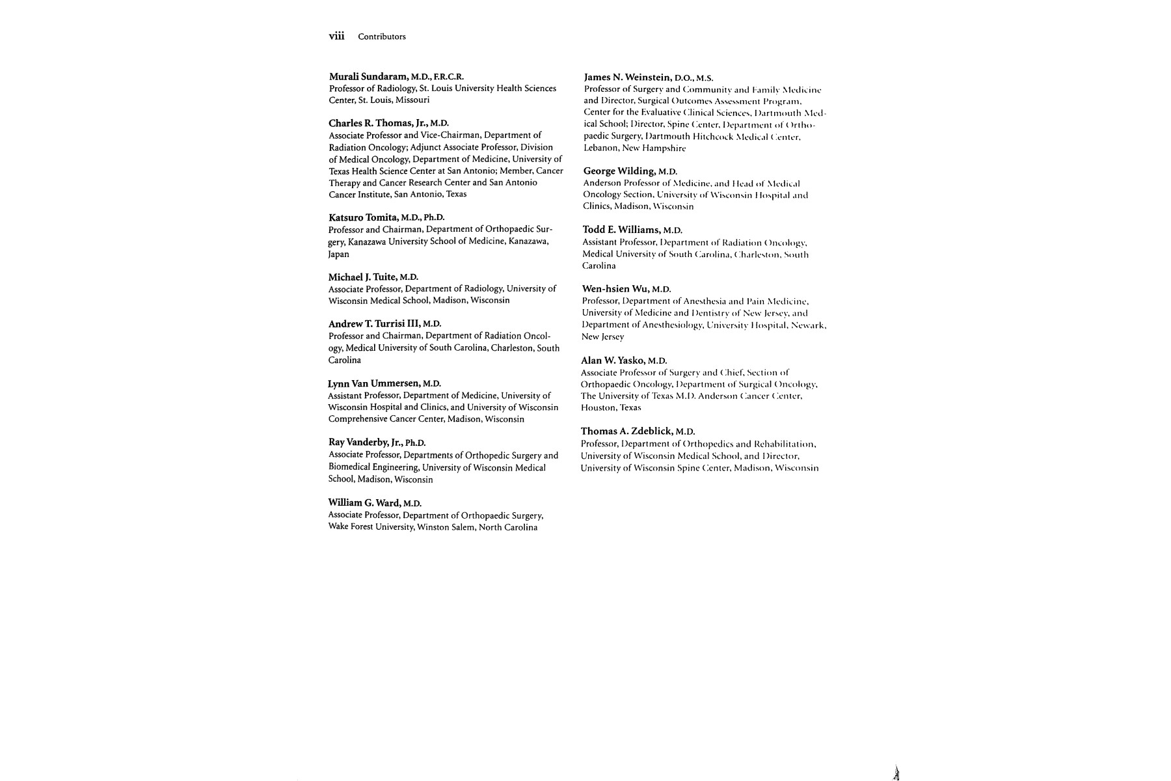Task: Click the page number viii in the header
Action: click(x=336, y=36)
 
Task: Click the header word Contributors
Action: click(x=381, y=36)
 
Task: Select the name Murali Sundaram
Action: click(x=369, y=76)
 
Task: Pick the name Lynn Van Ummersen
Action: click(x=374, y=383)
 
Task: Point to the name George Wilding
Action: click(x=619, y=171)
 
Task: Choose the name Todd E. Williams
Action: click(x=621, y=230)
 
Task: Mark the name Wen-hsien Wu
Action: click(x=615, y=289)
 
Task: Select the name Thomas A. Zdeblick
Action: click(x=627, y=432)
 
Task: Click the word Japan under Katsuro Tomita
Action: click(x=338, y=254)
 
